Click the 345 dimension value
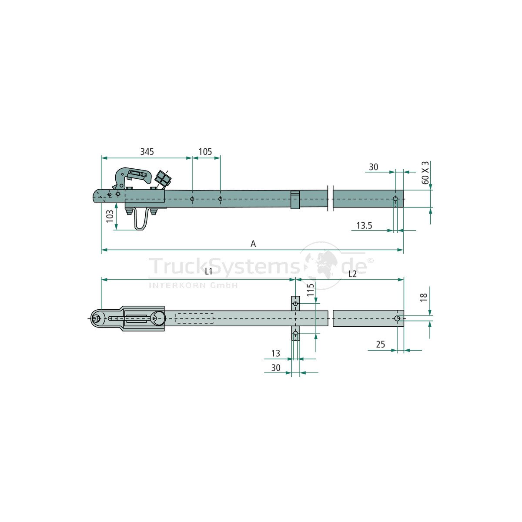[x=147, y=152]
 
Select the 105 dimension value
[x=205, y=152]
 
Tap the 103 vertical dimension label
[x=110, y=216]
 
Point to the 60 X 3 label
[x=425, y=173]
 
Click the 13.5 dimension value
[x=364, y=225]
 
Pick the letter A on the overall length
[x=253, y=244]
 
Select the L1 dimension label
[x=208, y=272]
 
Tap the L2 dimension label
[x=352, y=274]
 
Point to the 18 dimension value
[x=424, y=297]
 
